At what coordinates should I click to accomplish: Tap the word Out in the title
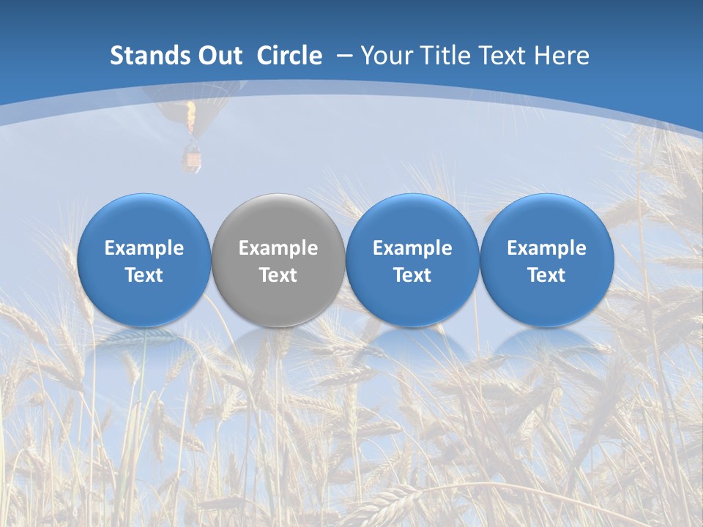click(217, 56)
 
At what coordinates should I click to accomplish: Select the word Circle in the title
click(289, 56)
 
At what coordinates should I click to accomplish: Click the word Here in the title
click(563, 56)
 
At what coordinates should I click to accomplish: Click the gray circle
click(278, 260)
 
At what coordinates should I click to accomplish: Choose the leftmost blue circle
click(144, 260)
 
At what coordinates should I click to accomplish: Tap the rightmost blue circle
click(546, 260)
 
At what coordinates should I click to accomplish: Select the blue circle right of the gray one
click(412, 260)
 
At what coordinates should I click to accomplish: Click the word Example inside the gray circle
click(278, 248)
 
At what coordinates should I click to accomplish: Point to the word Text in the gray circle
click(278, 275)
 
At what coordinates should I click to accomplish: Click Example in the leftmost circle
click(144, 248)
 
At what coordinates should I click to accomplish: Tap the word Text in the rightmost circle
click(546, 275)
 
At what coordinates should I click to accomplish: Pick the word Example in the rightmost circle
click(546, 248)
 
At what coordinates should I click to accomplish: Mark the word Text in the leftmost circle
click(144, 275)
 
